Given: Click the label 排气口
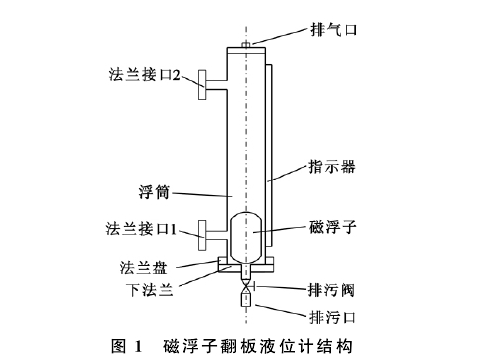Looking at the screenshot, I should [x=360, y=31].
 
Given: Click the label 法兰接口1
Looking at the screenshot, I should [x=141, y=229].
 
